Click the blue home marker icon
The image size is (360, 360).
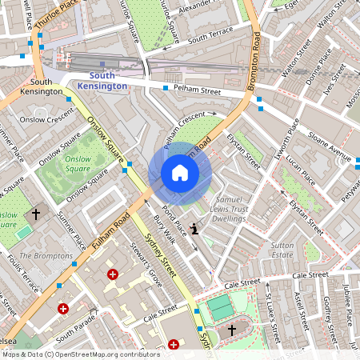click(x=179, y=173)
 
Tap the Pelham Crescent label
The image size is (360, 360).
click(x=183, y=129)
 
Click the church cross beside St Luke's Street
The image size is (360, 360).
click(x=232, y=329)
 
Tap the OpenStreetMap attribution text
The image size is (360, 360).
click(x=70, y=354)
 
